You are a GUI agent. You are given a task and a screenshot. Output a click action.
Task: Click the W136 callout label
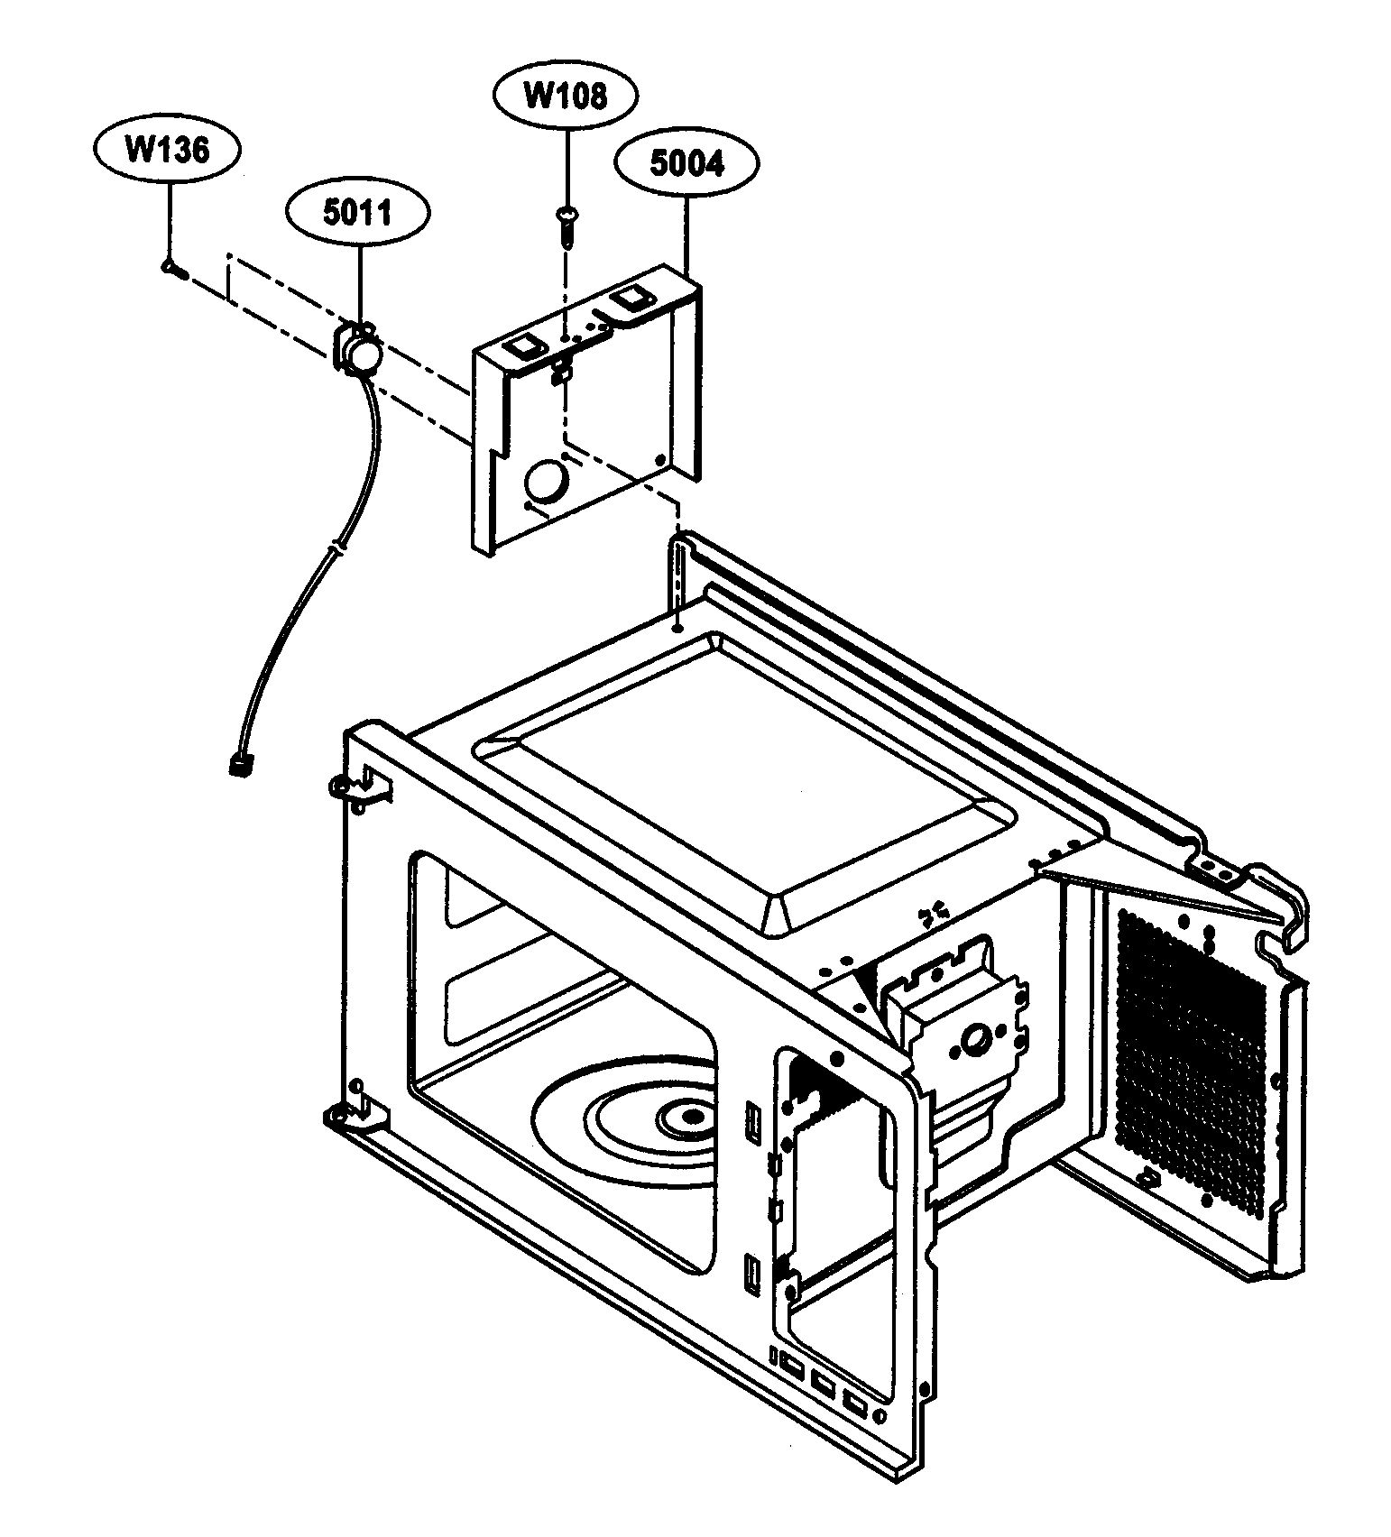coord(167,150)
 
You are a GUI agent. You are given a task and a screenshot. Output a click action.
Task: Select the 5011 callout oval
coord(357,214)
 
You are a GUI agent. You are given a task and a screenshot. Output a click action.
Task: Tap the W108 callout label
coord(566,95)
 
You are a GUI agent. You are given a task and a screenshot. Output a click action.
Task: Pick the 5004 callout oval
coord(686,165)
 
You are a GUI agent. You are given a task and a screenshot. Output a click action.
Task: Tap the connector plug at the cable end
coord(240,765)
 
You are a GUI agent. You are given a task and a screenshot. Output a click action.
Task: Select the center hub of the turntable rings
coord(692,1116)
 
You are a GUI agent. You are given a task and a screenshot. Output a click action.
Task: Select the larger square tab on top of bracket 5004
coord(629,299)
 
